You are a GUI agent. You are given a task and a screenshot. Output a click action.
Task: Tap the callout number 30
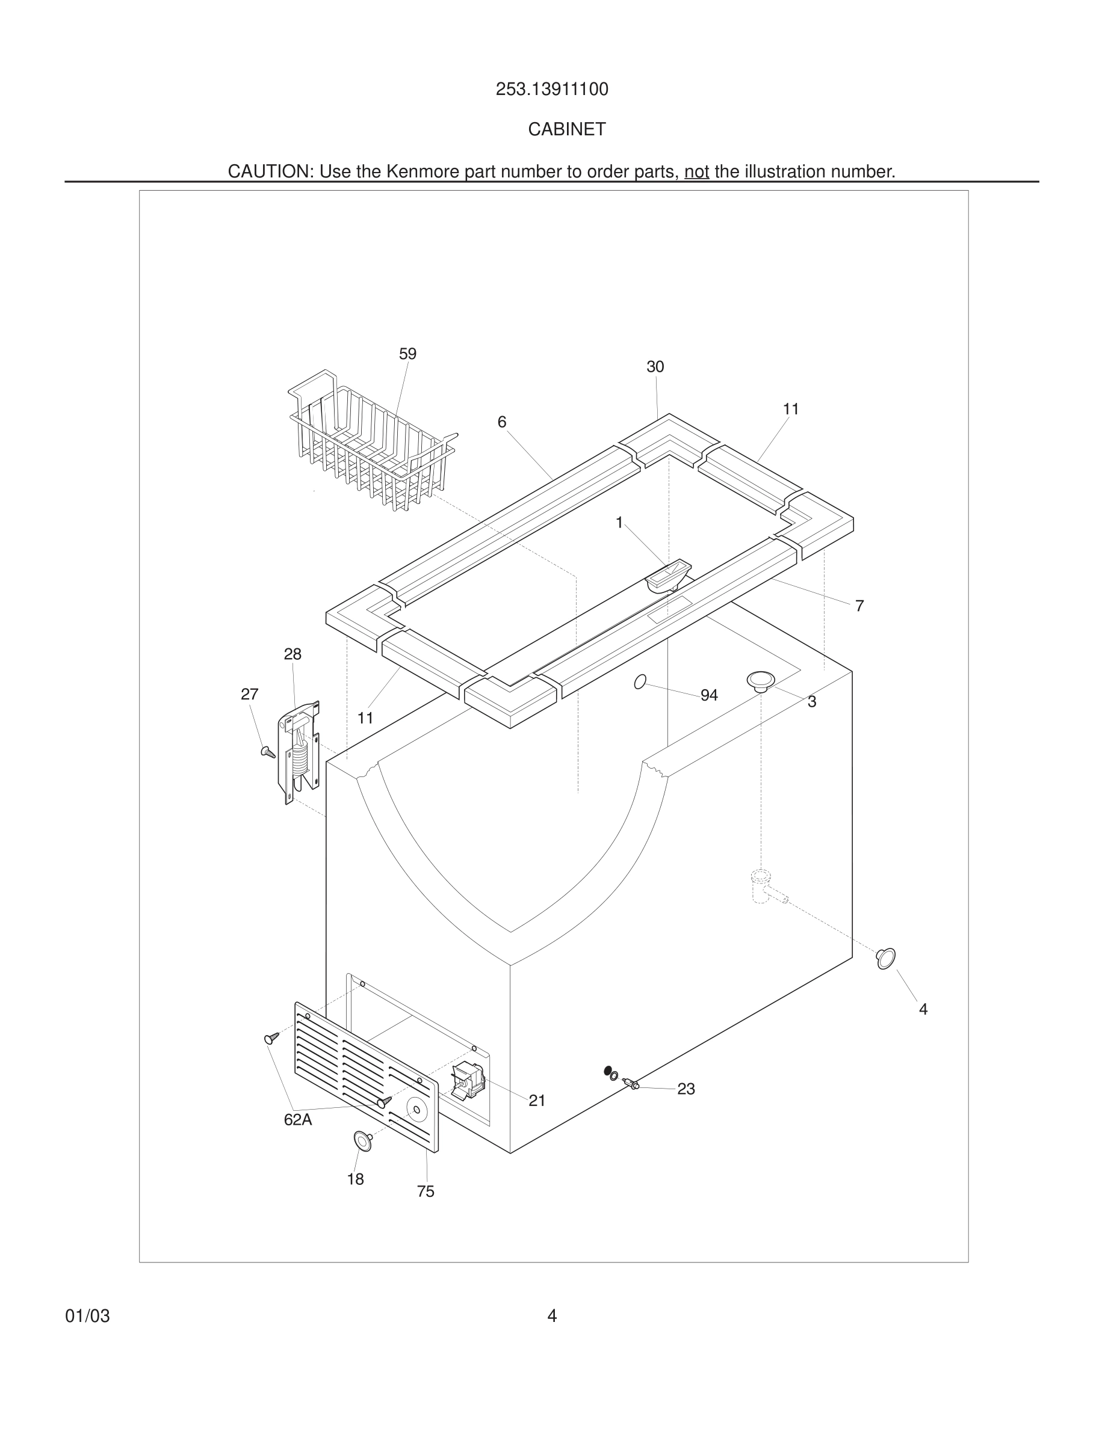pos(655,367)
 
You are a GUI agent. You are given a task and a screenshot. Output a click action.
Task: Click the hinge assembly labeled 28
pos(300,752)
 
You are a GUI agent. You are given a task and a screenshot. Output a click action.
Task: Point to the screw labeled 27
pos(268,752)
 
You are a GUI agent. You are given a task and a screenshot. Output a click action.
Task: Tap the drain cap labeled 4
pos(886,959)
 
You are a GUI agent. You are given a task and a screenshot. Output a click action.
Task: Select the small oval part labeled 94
pos(640,682)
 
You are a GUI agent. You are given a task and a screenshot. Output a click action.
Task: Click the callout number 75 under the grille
pos(426,1191)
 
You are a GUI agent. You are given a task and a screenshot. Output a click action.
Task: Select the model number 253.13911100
pos(552,90)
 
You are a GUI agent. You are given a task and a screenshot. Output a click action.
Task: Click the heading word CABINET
pos(567,129)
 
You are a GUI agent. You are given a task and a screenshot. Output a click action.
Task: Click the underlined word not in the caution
pos(696,171)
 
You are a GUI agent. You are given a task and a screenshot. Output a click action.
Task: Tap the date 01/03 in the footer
pos(88,1316)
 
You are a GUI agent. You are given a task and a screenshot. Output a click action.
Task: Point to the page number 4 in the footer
pos(552,1316)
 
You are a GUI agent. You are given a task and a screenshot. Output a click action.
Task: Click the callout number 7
pos(859,606)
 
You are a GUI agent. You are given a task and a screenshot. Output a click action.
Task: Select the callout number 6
pos(501,422)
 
